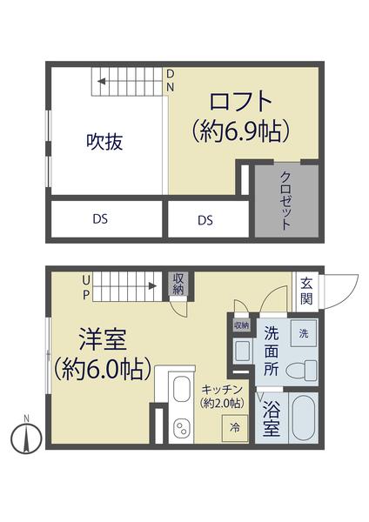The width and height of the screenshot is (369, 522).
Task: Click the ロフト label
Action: [x=241, y=100]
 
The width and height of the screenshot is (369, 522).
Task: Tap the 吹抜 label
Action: [x=104, y=142]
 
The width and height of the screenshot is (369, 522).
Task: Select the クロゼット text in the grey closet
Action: [x=285, y=200]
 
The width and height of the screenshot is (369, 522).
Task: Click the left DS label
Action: [x=101, y=220]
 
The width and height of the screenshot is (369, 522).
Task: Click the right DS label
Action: [x=205, y=220]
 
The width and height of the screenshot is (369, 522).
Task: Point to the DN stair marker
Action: [x=171, y=80]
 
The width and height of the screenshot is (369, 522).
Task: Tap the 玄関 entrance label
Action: [x=307, y=290]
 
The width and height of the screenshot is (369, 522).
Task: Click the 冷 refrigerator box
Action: [x=235, y=427]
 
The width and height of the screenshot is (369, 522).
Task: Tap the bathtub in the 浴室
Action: [x=303, y=418]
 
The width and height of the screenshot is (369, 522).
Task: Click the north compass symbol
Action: [x=27, y=434]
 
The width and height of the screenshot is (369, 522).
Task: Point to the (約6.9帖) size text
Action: [x=241, y=132]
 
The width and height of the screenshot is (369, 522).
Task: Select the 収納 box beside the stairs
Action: [x=178, y=284]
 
